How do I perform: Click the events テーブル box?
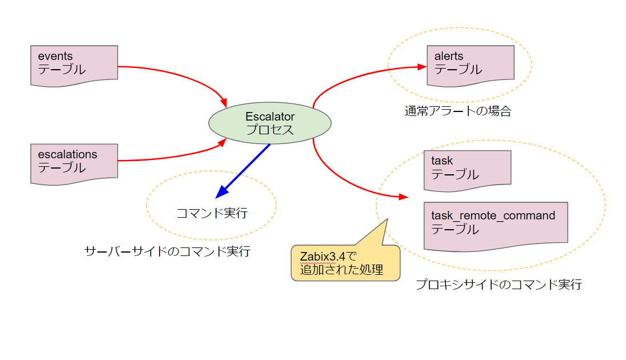tap(74, 65)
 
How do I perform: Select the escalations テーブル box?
tap(74, 163)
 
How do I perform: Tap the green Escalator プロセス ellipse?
tap(270, 123)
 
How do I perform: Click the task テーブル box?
tap(467, 169)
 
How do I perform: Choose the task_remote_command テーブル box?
tap(496, 225)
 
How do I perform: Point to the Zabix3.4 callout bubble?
tap(345, 263)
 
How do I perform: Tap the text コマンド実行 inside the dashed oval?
tap(212, 213)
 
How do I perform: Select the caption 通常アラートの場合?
tap(457, 111)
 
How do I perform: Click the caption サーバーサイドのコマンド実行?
tap(167, 251)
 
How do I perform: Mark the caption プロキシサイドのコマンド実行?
tap(499, 284)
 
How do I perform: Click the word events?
tap(55, 56)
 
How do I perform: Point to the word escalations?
tap(67, 154)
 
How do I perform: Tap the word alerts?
tap(449, 56)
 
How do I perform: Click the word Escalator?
tap(270, 117)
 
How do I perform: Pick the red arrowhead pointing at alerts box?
tap(423, 67)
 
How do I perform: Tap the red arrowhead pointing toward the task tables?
tap(405, 197)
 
